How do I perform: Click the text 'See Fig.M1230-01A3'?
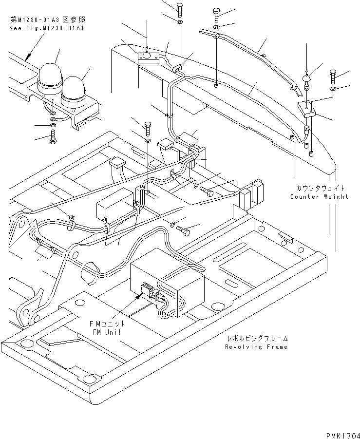[x=47, y=28]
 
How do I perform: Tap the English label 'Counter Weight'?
[x=319, y=197]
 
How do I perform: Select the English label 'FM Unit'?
[x=107, y=332]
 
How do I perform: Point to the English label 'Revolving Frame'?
[x=256, y=347]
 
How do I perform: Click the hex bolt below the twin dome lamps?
[x=53, y=138]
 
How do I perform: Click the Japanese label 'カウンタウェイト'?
[x=319, y=188]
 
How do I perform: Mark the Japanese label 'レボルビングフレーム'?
[x=256, y=338]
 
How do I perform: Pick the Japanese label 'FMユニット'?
[x=107, y=324]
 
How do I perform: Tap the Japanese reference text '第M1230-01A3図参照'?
[x=47, y=20]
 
